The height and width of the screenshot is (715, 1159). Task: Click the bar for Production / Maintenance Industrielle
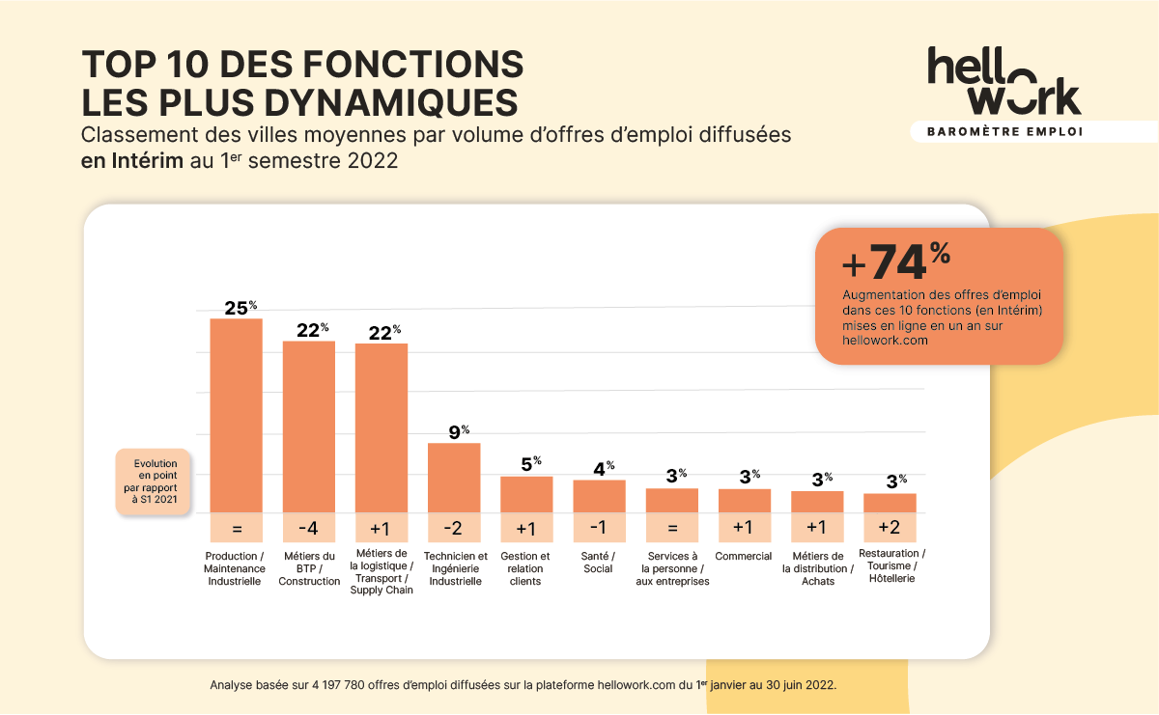[237, 415]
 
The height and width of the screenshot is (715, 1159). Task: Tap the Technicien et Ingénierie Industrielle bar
[454, 478]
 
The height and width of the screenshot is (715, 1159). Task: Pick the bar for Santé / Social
[599, 496]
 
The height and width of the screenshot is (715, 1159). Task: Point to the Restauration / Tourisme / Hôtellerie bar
[890, 503]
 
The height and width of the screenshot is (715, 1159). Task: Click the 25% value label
[240, 308]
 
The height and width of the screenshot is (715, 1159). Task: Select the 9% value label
[458, 431]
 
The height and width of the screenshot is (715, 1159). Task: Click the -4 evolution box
[309, 528]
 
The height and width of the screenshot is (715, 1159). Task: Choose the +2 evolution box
[890, 528]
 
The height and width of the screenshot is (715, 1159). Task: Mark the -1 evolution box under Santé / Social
[599, 528]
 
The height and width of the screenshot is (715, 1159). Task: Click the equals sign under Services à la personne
[672, 528]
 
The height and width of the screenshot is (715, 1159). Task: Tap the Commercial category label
[744, 556]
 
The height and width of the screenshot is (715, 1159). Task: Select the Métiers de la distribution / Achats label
[818, 568]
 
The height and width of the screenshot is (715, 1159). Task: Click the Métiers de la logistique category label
[382, 572]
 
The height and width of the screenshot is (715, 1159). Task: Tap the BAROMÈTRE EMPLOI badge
[1004, 131]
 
